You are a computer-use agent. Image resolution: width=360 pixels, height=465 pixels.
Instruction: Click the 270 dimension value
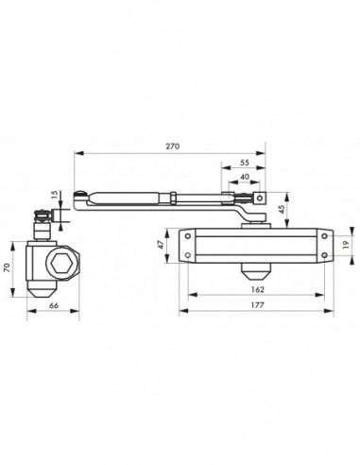[173, 146]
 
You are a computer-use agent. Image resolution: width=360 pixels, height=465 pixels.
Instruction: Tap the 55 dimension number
[245, 163]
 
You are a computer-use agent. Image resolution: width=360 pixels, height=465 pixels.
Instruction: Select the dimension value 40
[245, 177]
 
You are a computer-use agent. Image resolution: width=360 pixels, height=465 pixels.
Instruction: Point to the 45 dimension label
[282, 209]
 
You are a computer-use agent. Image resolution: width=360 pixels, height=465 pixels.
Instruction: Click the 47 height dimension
[160, 245]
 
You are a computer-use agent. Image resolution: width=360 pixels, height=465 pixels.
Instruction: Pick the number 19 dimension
[346, 245]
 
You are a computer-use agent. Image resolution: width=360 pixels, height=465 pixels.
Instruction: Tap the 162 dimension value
[258, 289]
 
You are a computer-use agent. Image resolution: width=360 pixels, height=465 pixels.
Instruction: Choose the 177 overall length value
[258, 305]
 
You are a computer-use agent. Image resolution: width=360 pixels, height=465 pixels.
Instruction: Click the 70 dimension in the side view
[7, 267]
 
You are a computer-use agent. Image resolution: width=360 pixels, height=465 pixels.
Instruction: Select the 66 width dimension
[54, 305]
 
